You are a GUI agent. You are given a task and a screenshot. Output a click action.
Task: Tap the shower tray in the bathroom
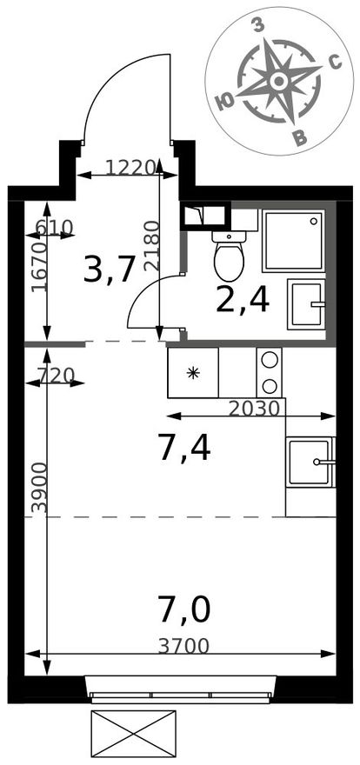(293, 241)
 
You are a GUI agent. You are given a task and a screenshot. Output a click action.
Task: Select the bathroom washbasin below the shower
(306, 304)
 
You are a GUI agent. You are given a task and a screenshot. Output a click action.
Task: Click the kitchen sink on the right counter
(310, 462)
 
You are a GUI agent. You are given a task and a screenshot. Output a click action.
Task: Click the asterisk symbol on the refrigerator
(193, 373)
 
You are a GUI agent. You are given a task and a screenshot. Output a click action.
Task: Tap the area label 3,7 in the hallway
(109, 270)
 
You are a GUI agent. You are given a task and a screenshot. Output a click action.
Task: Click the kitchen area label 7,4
(183, 449)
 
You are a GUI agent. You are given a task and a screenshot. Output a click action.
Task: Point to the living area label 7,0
(183, 610)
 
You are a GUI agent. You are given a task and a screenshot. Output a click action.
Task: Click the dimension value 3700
(183, 647)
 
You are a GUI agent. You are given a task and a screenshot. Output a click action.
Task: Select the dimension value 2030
(254, 408)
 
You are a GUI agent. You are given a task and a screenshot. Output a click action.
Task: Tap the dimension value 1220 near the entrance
(130, 168)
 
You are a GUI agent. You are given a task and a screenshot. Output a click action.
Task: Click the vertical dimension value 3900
(40, 488)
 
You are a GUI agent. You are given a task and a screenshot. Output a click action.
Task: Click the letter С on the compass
(335, 62)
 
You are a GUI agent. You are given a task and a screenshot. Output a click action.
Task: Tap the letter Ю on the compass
(224, 103)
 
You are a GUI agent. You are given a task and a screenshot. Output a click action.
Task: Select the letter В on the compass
(302, 139)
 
